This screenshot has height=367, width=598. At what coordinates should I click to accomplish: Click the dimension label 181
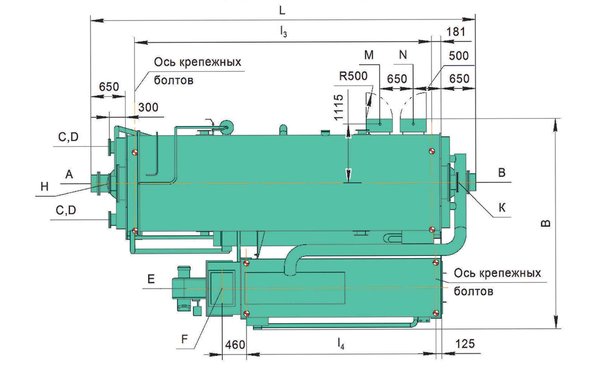pos(455,32)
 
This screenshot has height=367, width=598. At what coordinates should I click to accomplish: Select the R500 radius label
pos(353,76)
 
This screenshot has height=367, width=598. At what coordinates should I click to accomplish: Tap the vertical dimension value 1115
pos(338,107)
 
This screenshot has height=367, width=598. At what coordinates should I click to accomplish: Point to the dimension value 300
pos(148,107)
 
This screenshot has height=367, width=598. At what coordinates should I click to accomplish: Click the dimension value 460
pos(235,345)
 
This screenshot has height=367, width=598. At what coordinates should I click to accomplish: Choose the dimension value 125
pos(465,344)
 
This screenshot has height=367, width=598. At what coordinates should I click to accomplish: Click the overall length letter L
pos(282,11)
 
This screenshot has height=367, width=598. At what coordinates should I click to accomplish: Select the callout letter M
pos(369,55)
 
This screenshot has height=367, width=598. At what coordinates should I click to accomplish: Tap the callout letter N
pos(403,55)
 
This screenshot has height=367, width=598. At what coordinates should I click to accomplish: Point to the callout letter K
pos(502,208)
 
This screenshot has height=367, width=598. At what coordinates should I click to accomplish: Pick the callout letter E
pos(151,279)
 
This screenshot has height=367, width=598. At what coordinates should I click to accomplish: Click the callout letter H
pos(45,186)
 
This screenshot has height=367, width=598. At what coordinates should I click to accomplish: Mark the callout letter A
pos(69,174)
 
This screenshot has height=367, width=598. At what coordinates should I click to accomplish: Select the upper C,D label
pos(68,137)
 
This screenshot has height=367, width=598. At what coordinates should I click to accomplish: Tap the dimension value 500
pos(458,56)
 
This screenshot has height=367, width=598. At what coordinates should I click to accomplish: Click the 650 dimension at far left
pos(109,87)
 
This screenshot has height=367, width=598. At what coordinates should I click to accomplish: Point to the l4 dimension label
pos(341,344)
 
